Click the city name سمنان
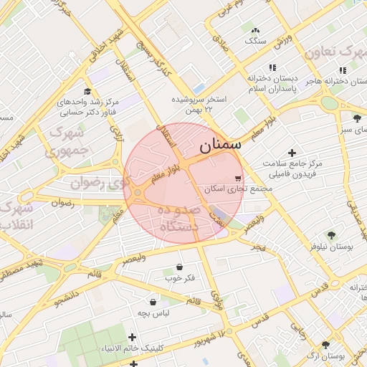coord(219,146)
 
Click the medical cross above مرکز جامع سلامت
coord(292,152)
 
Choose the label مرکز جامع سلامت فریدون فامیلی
coord(292,168)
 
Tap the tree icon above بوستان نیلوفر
coord(330,235)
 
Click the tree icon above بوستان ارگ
coord(326,345)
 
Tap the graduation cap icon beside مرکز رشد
coord(87,92)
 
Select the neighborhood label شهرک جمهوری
coord(65,142)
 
